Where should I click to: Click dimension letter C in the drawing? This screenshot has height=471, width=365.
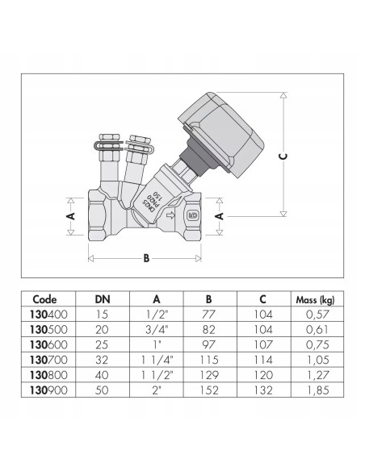tap(283, 156)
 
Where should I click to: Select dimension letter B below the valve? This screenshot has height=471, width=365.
tap(146, 258)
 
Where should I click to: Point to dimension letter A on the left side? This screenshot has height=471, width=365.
tap(70, 216)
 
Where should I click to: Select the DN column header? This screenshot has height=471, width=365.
tap(101, 299)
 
